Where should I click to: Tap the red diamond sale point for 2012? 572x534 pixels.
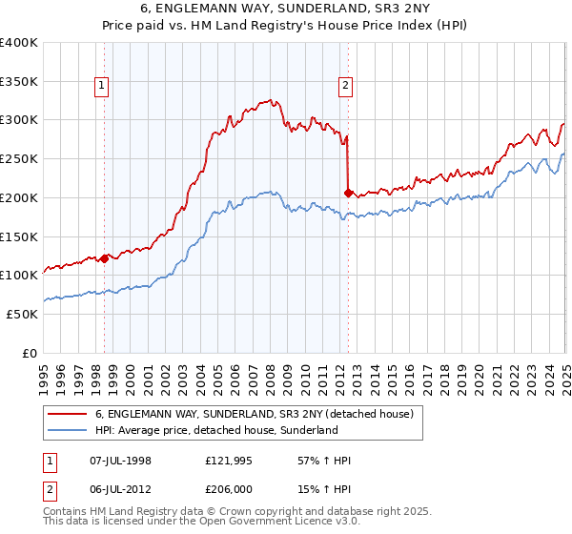pos(348,193)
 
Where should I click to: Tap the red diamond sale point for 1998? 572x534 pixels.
pos(104,257)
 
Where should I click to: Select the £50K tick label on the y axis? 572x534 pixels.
pos(23,314)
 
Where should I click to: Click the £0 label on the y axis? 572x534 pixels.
pos(31,353)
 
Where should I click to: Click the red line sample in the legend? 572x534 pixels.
pos(68,415)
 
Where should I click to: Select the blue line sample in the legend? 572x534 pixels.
pos(68,431)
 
